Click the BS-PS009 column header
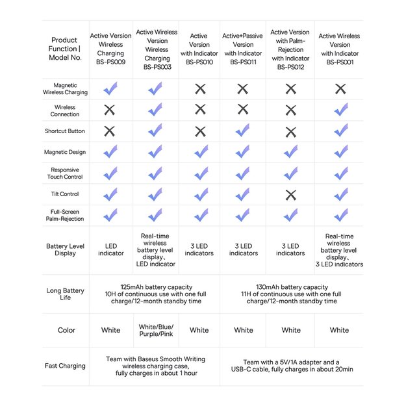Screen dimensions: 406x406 click(111, 49)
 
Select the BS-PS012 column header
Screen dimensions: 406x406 click(290, 49)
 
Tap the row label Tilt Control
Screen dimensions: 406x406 click(65, 194)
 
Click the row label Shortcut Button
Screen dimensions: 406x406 click(65, 131)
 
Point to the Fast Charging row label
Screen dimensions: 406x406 click(65, 366)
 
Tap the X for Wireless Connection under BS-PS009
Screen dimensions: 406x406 click(110, 110)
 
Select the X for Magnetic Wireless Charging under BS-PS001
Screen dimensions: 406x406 click(340, 89)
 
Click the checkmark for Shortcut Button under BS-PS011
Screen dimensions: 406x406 click(242, 131)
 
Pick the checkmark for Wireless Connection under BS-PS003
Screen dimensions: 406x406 click(155, 110)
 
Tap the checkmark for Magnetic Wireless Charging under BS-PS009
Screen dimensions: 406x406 click(110, 89)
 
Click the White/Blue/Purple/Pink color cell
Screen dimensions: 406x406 click(156, 330)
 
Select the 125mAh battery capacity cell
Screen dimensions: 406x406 click(156, 294)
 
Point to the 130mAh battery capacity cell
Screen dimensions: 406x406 click(292, 294)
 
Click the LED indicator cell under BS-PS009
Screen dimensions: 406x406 click(111, 249)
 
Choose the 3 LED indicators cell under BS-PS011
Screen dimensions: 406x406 click(244, 249)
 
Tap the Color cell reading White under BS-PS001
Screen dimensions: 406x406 click(339, 330)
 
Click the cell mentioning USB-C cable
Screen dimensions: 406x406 click(292, 366)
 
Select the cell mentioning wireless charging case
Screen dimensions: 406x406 click(156, 366)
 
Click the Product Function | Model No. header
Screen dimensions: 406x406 click(65, 49)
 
